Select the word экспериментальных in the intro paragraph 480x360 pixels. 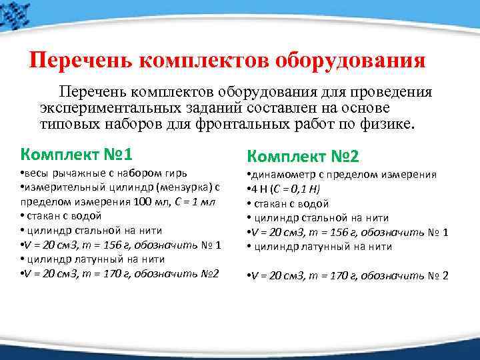pyautogui.click(x=108, y=107)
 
